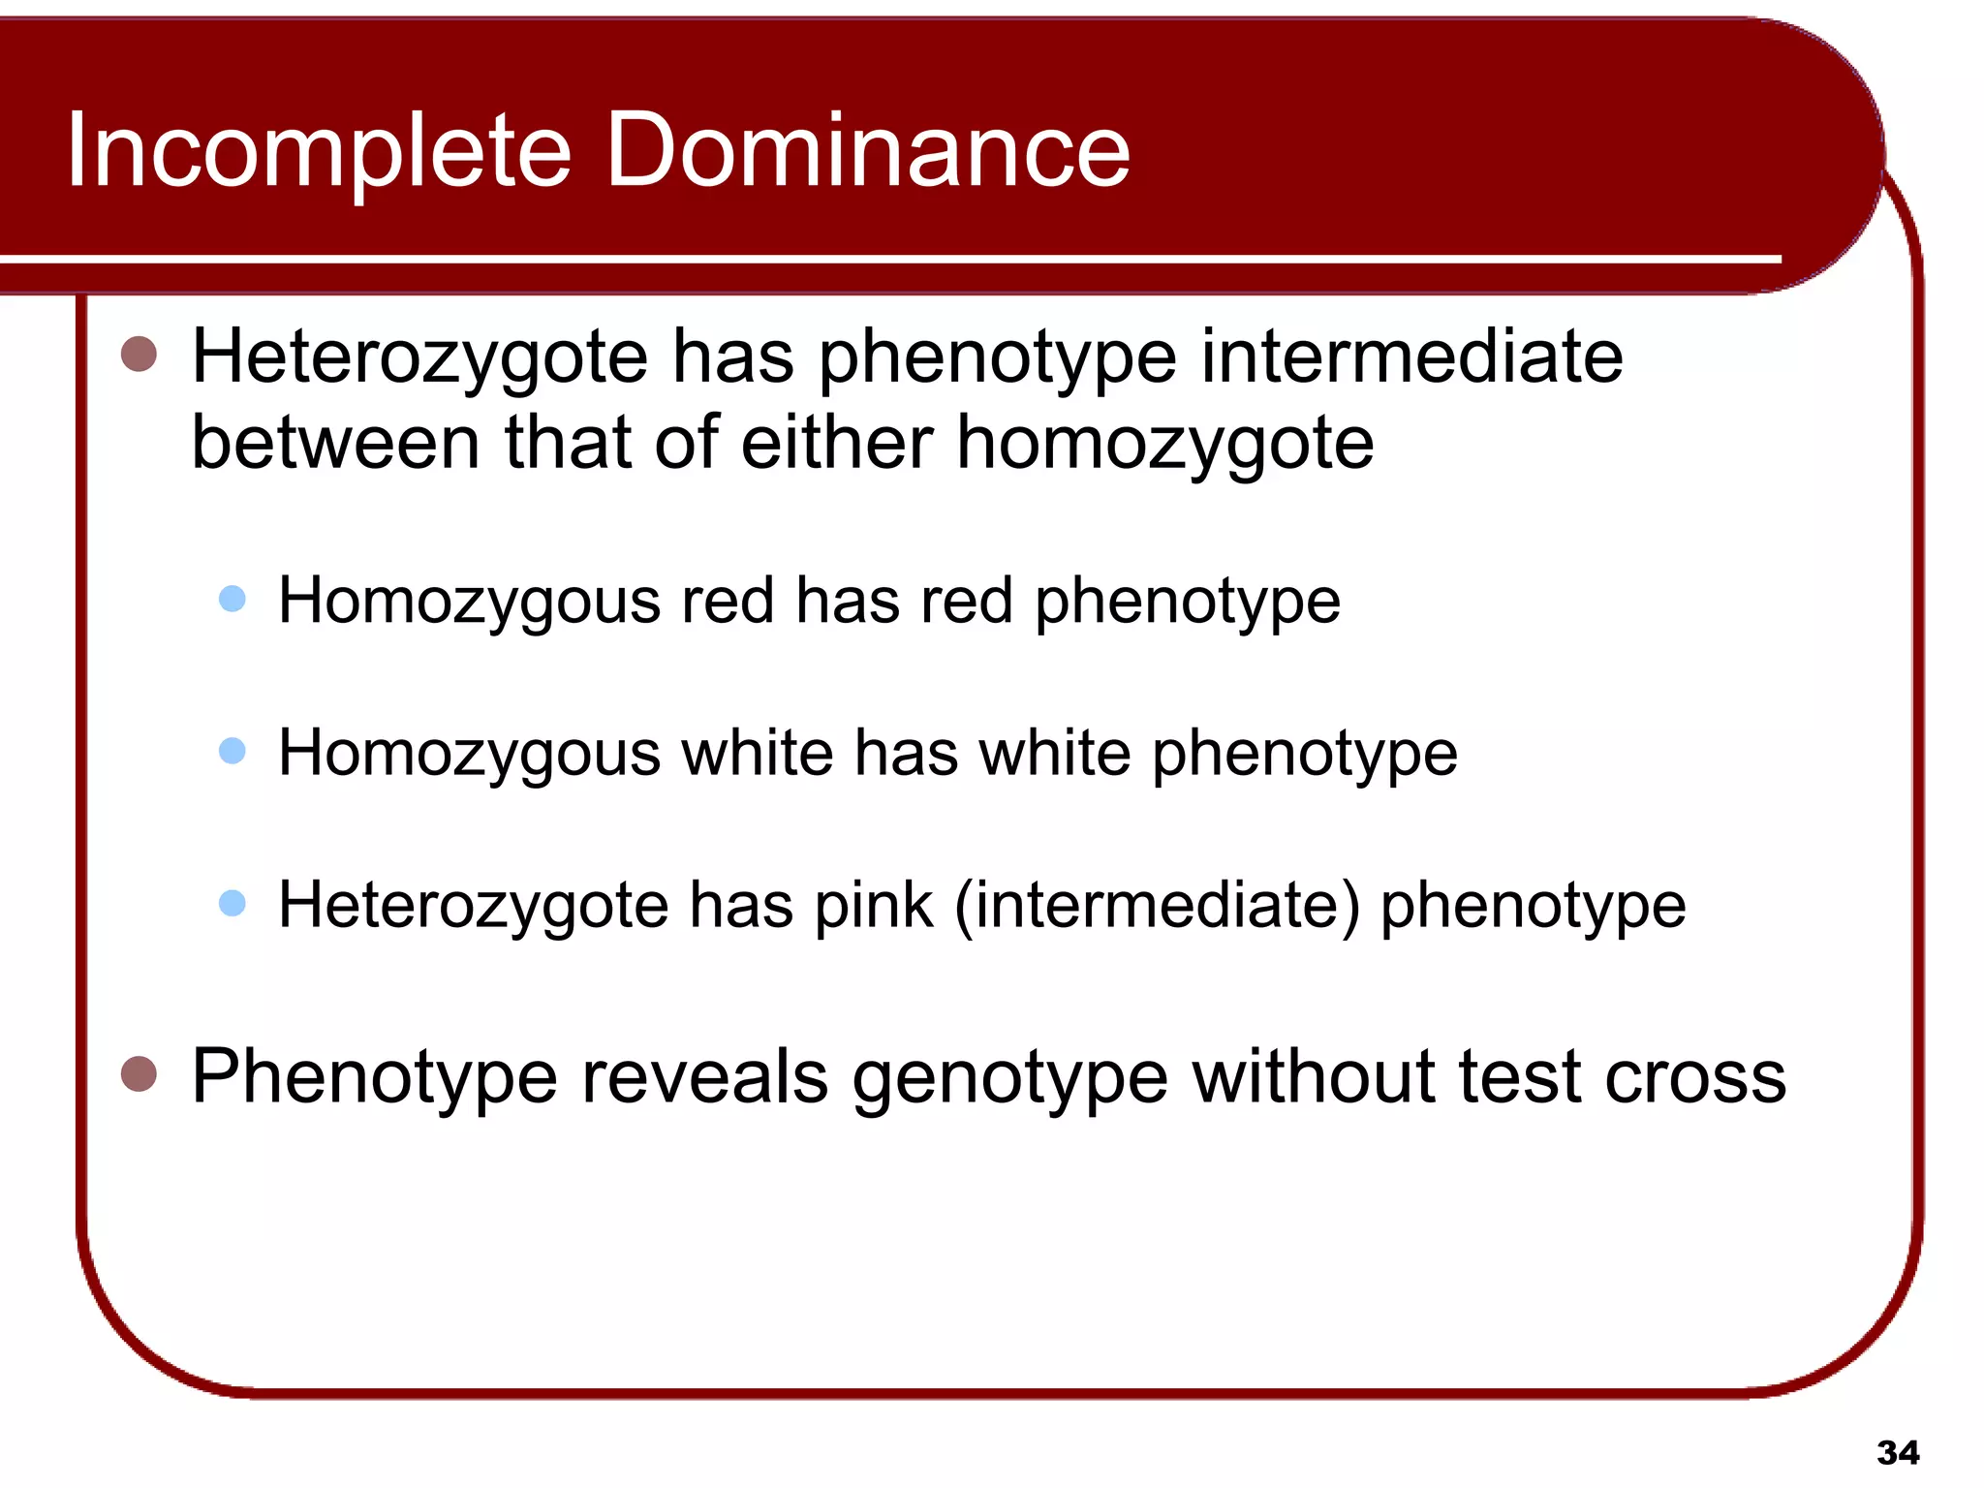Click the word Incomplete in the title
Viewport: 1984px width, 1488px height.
point(320,150)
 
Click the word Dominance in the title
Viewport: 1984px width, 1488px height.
point(868,150)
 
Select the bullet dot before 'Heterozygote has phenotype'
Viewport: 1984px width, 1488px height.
point(139,355)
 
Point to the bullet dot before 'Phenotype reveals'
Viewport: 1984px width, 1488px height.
point(139,1073)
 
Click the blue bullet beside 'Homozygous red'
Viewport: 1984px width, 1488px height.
point(232,599)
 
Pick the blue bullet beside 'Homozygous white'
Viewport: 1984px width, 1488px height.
point(232,751)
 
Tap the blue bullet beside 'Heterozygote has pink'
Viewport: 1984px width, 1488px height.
point(232,903)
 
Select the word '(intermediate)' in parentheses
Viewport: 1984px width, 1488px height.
point(1157,906)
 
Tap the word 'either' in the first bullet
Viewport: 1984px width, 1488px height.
point(836,443)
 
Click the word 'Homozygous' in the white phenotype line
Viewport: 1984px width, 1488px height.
point(469,755)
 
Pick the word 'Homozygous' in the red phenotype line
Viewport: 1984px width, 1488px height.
point(469,603)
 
